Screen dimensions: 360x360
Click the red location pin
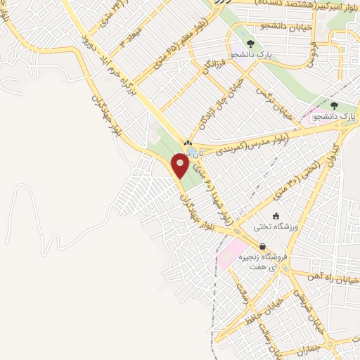pos(181,166)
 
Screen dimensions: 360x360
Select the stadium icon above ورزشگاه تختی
pos(276,215)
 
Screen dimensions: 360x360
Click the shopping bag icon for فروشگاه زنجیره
pos(262,247)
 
